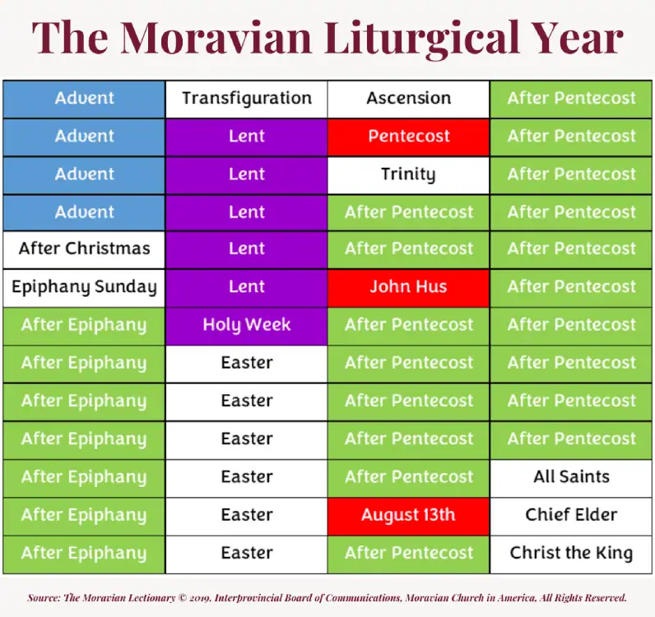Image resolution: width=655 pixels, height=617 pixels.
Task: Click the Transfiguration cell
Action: [x=247, y=99]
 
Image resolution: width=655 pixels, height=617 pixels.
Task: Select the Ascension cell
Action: [x=409, y=99]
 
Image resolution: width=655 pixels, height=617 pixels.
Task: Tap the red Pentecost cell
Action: [x=409, y=137]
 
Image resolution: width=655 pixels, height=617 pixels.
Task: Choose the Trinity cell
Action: [x=409, y=174]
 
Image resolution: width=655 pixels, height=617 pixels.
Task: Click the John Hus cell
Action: [x=409, y=287]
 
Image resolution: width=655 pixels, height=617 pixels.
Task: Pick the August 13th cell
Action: [x=409, y=515]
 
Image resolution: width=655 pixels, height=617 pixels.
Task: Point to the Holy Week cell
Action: [x=247, y=325]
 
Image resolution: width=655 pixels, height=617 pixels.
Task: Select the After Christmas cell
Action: [x=84, y=249]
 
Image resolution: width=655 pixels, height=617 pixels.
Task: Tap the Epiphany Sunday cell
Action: [x=84, y=287]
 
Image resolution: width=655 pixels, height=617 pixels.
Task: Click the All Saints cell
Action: [x=572, y=477]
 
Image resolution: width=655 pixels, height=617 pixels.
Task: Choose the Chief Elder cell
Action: [x=572, y=515]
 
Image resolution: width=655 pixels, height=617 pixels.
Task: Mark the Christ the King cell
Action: [x=572, y=553]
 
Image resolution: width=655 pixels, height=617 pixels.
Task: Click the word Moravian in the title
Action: [x=221, y=37]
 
